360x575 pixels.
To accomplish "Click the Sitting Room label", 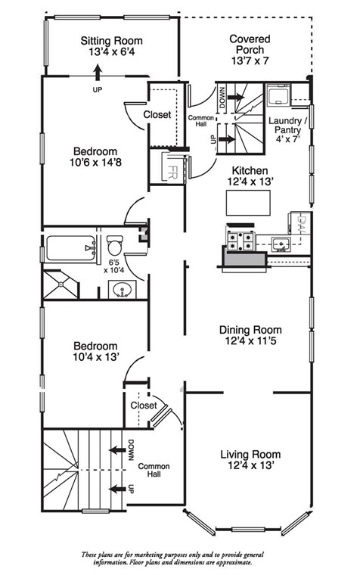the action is pos(111,41).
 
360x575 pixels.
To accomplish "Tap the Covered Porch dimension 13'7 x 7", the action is pos(250,61).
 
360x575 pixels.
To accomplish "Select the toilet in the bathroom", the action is pos(115,245).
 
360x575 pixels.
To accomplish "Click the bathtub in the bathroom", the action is pos(70,248).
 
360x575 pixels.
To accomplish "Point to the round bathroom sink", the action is pos(122,290).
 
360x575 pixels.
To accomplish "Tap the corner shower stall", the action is pos(61,284).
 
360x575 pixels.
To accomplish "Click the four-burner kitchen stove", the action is pos(241,241).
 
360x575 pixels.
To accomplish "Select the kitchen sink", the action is pos(281,244).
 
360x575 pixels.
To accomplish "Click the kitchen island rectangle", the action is pos(248,203).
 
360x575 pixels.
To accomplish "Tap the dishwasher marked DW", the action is pos(300,223).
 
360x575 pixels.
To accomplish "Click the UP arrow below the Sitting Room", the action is pos(97,73).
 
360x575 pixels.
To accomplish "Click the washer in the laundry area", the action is pos(278,95).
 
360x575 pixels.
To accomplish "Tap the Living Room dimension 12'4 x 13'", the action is pos(250,465).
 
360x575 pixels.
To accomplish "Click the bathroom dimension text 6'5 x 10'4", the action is pos(114,266).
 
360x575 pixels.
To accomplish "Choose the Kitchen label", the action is pos(250,170).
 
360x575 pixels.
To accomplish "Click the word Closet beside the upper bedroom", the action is pos(157,115).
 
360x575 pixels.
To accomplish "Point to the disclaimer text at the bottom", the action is pos(172,558).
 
